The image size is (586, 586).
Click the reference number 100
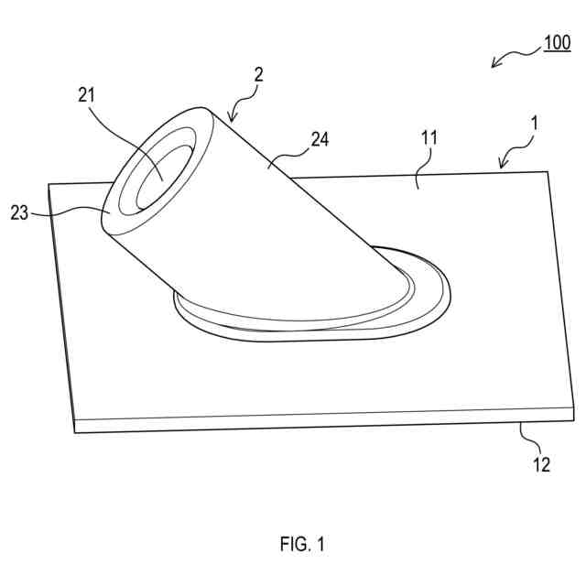click(557, 43)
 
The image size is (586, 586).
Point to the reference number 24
click(320, 140)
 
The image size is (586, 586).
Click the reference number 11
click(429, 138)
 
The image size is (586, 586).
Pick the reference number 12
click(541, 464)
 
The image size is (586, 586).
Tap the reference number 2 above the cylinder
click(258, 76)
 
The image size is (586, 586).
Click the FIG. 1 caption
click(302, 545)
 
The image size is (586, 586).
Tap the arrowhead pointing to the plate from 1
click(501, 167)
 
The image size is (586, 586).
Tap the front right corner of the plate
click(573, 418)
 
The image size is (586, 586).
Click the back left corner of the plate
click(49, 185)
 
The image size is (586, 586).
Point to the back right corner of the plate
click(548, 171)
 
